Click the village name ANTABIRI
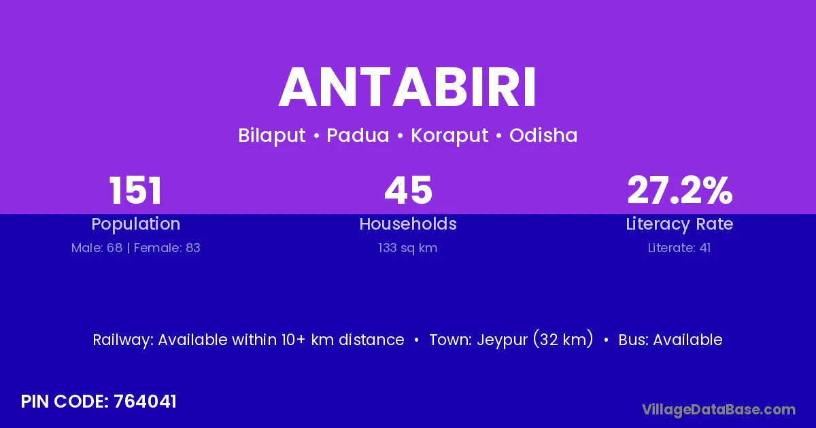point(407,88)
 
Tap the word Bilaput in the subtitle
point(272,136)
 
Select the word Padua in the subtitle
point(358,135)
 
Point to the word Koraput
point(449,136)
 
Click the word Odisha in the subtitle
point(543,135)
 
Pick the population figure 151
point(135,190)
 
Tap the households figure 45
point(408,190)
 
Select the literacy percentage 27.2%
point(680,190)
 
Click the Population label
point(136,224)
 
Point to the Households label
point(408,224)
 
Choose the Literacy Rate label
point(679,224)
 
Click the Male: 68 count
point(97,248)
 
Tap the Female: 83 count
point(167,248)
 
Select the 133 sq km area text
point(407,248)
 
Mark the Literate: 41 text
point(679,248)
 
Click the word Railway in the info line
point(123,340)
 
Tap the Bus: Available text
point(670,340)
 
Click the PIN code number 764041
point(145,402)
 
